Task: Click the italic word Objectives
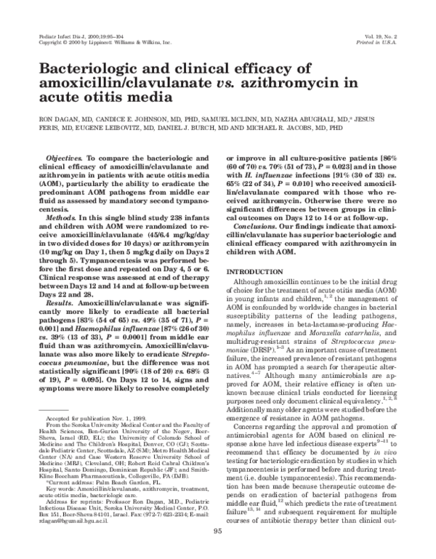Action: (x=66, y=158)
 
